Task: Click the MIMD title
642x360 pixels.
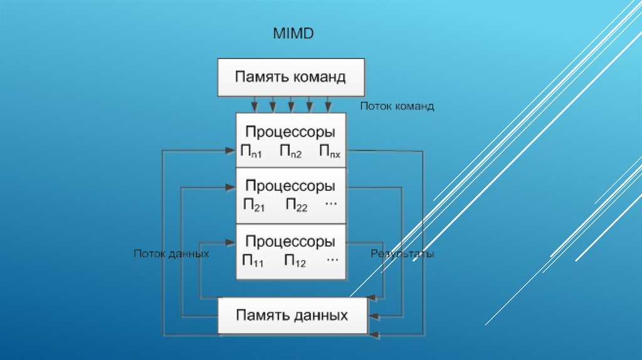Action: coord(293,33)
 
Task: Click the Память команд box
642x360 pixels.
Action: coord(290,77)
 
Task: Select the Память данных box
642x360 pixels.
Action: coord(292,315)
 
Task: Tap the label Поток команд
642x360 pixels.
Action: coord(397,107)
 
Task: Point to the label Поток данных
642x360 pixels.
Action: coord(171,254)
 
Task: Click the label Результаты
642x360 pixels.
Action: coord(402,254)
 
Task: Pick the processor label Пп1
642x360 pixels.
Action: coord(251,152)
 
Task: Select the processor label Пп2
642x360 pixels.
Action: coord(291,152)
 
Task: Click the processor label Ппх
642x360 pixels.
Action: coord(330,152)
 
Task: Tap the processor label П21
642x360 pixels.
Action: coord(254,206)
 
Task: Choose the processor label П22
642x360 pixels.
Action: coord(296,206)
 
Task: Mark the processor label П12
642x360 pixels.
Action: coord(295,260)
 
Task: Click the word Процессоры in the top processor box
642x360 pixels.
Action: coord(290,132)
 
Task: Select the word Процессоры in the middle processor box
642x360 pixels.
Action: coord(290,186)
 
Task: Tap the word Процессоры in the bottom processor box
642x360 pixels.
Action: coord(290,241)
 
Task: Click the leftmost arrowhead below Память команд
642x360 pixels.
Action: coord(254,105)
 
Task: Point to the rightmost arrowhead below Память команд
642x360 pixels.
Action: coord(328,105)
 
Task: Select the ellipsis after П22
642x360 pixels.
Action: coord(332,204)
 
